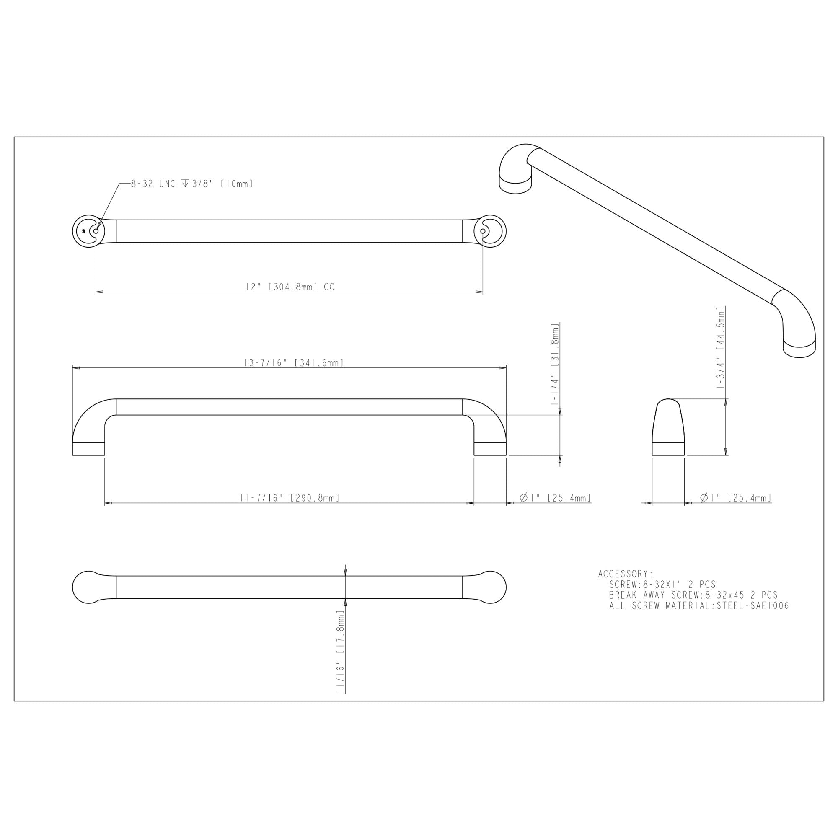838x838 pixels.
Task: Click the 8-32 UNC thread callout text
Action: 192,184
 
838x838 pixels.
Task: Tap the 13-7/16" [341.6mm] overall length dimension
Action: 294,362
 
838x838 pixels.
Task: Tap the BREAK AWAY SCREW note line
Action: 693,595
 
